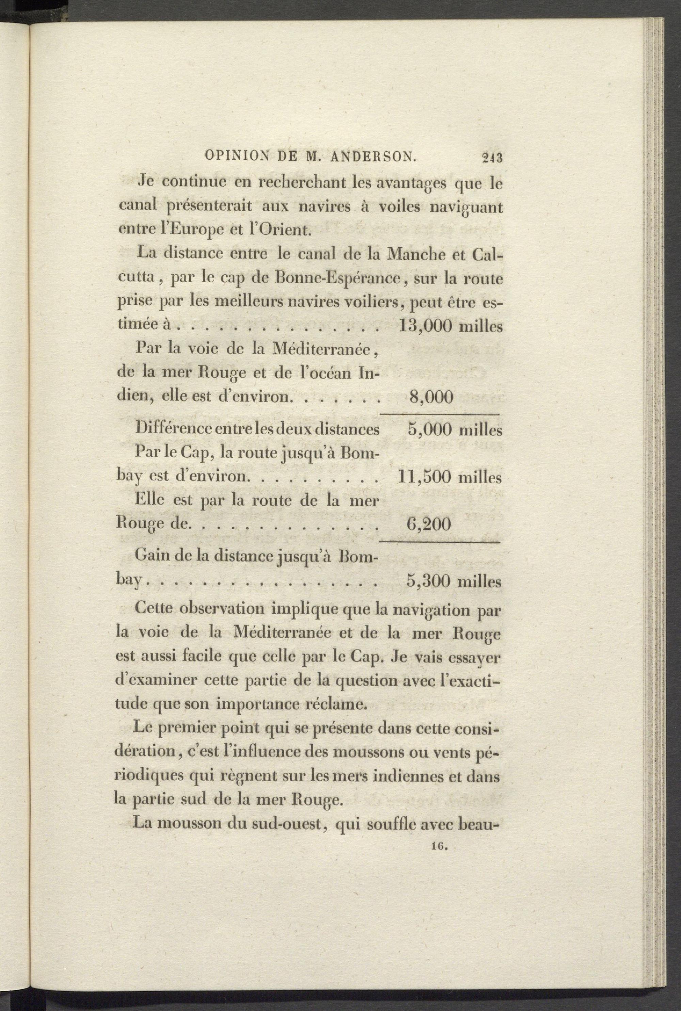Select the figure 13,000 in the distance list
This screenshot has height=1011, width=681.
point(424,326)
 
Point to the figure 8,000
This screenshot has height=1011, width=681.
point(431,397)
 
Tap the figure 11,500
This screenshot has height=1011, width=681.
point(424,478)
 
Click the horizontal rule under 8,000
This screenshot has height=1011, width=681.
point(440,414)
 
